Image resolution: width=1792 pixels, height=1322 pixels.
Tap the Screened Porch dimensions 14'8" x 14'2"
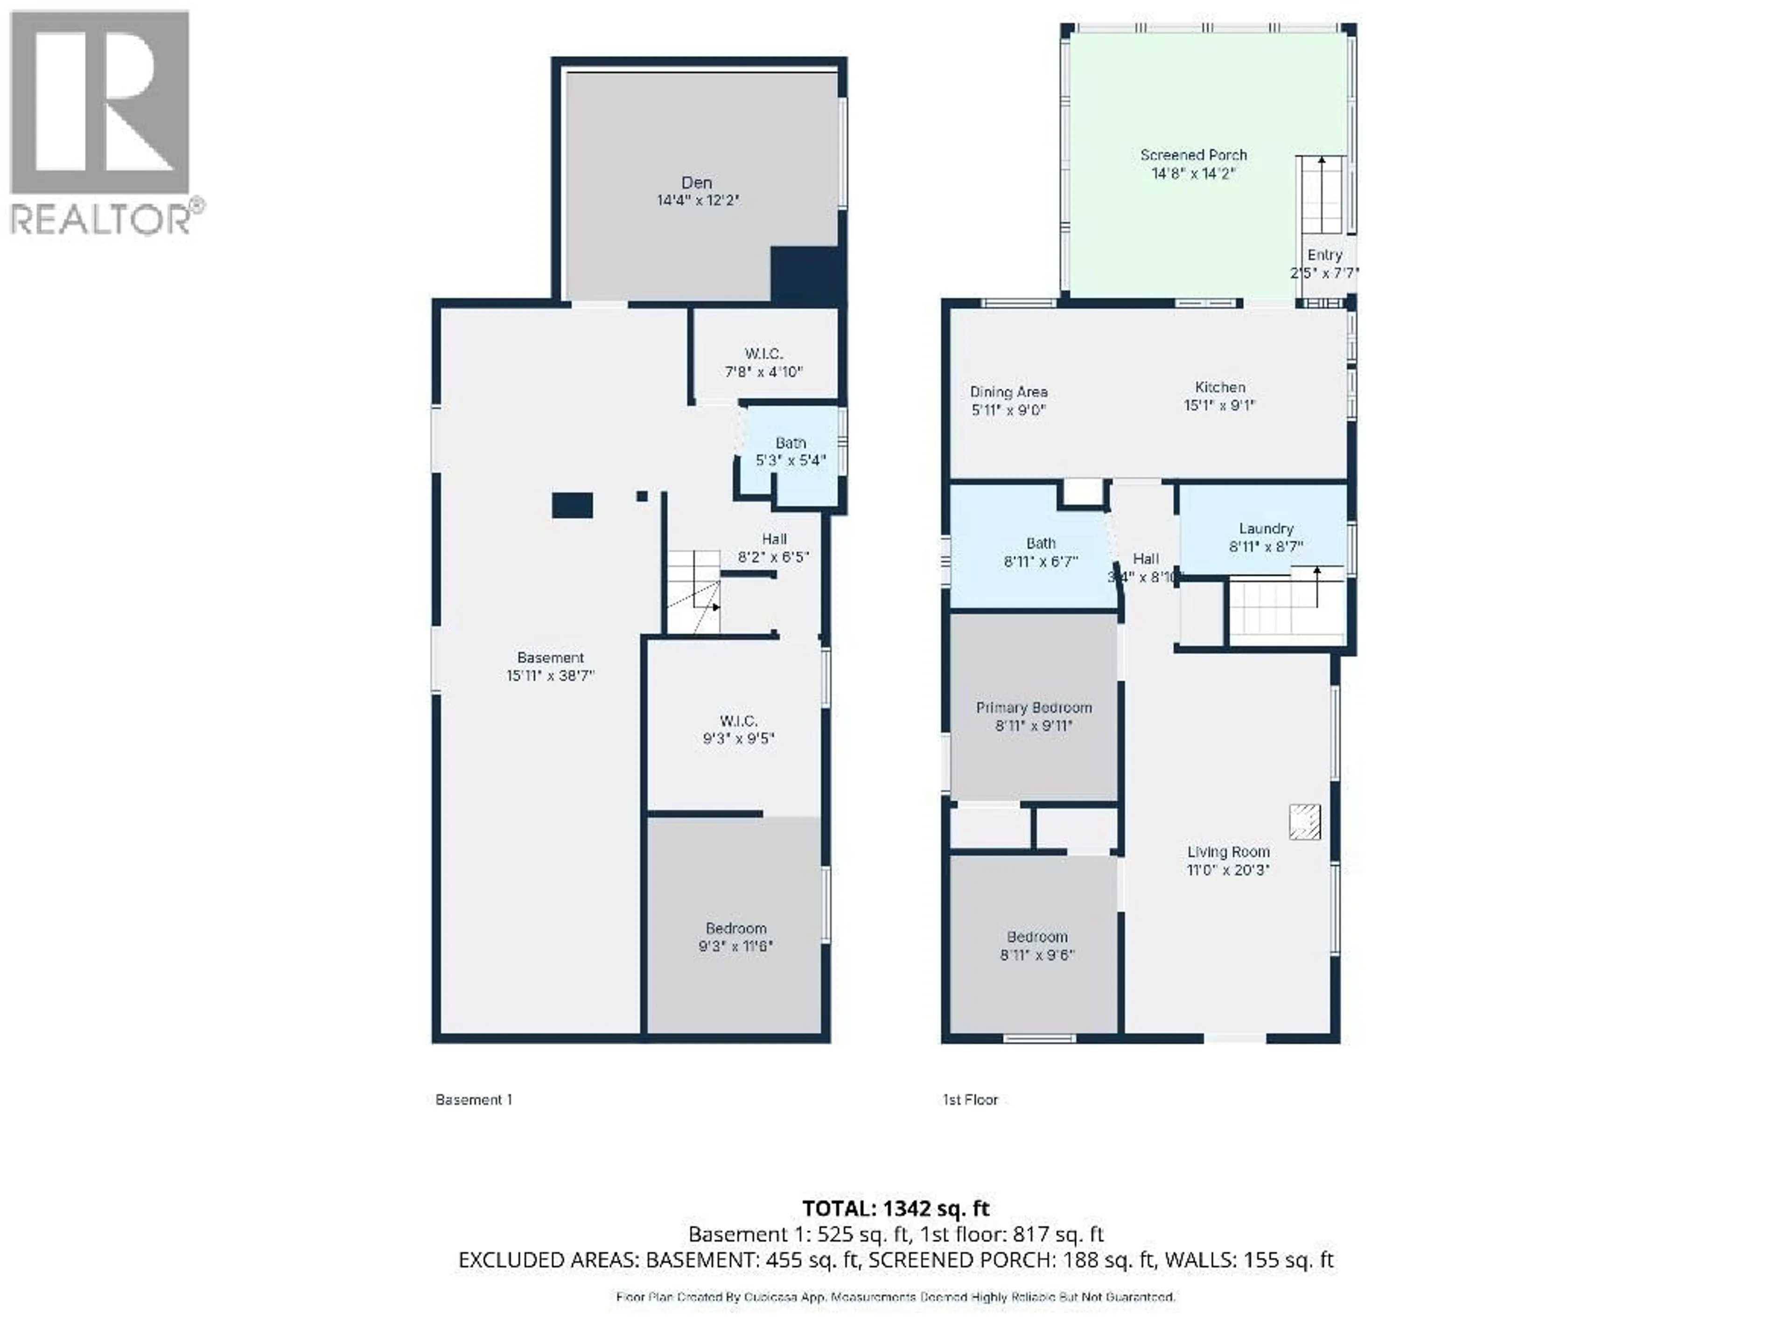pos(1193,174)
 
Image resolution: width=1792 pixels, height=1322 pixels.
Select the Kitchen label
pos(1220,387)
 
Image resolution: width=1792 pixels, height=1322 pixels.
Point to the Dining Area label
pos(1008,392)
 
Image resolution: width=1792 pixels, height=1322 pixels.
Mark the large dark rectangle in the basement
pos(572,506)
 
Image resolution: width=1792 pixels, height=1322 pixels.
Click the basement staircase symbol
pos(693,592)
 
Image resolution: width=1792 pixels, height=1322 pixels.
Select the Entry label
pos(1324,255)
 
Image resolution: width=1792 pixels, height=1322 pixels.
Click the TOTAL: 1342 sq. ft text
pos(896,1208)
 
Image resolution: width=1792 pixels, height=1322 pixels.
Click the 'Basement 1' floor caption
pos(474,1099)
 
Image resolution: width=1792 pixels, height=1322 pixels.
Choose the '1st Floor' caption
pos(970,1099)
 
